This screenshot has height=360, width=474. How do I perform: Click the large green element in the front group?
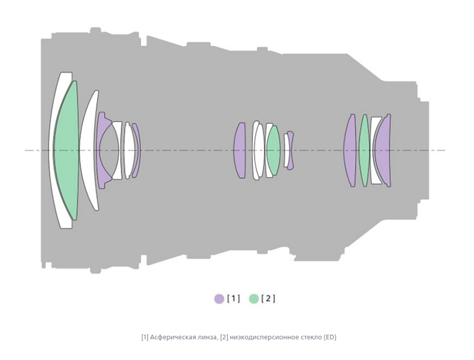[66, 150]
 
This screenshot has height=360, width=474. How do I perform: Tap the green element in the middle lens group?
[273, 150]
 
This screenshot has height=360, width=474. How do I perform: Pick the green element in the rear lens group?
[364, 150]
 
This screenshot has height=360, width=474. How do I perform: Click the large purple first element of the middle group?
[239, 150]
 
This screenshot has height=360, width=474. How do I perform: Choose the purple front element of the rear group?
[350, 150]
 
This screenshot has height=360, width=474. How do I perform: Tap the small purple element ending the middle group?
[291, 150]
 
